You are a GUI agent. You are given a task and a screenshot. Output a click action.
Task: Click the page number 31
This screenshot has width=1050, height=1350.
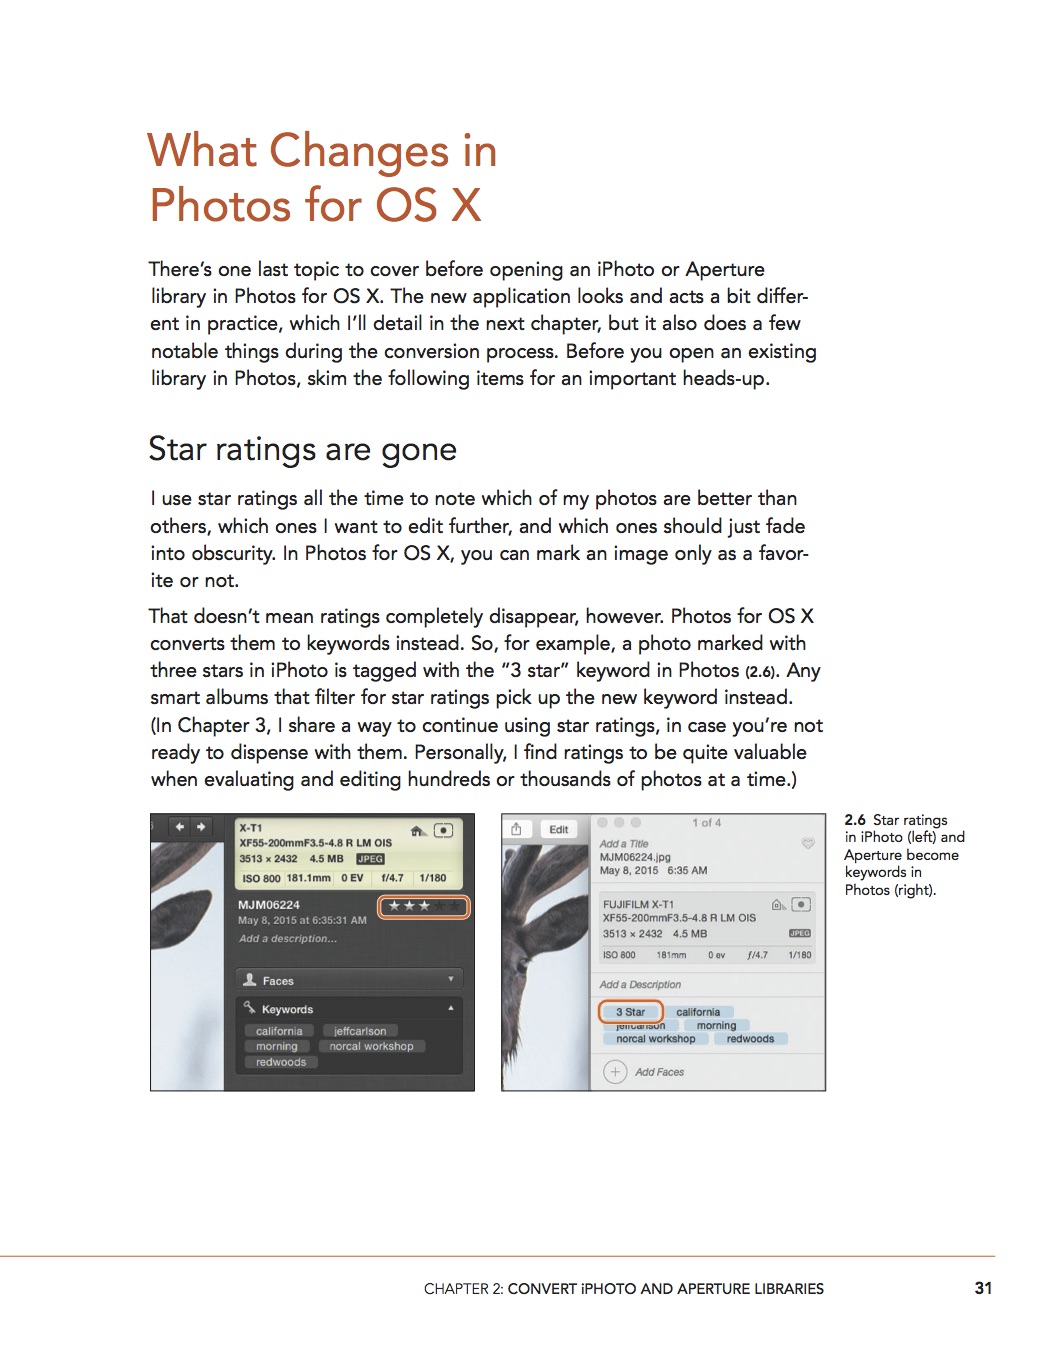pos(983,1288)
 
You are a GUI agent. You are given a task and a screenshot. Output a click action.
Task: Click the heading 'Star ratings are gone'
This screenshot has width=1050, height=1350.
pos(302,449)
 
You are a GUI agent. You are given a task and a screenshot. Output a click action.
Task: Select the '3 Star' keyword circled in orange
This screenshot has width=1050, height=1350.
pos(630,1012)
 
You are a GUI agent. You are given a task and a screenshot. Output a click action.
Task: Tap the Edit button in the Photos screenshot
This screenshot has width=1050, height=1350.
pos(559,829)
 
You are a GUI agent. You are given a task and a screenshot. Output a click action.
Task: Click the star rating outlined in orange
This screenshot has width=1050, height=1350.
pos(424,907)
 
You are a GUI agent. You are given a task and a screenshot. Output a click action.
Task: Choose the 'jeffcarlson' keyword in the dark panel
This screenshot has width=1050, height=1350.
pos(360,1031)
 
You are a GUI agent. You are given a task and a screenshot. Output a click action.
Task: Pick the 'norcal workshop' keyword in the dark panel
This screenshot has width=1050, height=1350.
pos(371,1046)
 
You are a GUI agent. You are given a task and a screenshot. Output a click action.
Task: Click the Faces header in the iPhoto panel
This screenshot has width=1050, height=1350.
pos(278,981)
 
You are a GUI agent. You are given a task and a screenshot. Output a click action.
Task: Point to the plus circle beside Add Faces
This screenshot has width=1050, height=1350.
pos(615,1072)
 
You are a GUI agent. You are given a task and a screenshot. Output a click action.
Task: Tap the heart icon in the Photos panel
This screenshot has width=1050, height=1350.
pos(808,844)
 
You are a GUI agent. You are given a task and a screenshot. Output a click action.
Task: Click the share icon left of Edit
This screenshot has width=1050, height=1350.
pos(517,829)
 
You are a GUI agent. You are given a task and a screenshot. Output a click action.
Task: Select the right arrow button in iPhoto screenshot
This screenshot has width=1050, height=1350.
pos(201,827)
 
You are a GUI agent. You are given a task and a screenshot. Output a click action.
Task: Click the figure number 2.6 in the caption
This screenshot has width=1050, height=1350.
pos(855,820)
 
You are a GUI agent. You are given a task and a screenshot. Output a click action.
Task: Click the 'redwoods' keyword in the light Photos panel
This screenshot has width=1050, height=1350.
pos(750,1039)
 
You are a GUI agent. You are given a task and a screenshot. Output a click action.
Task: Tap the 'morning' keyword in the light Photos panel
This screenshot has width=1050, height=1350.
pos(716,1025)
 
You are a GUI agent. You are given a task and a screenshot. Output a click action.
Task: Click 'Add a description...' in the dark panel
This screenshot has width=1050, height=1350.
pos(288,939)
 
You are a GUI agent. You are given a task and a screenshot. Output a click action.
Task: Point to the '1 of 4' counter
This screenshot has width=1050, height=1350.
pos(706,823)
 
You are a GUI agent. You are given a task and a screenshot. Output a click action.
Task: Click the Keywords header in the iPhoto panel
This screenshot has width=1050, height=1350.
pos(287,1009)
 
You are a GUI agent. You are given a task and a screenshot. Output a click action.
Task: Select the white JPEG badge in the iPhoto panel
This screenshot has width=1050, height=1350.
pos(370,859)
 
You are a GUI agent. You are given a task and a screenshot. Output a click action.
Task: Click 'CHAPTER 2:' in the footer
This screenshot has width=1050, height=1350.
pos(463,1289)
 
